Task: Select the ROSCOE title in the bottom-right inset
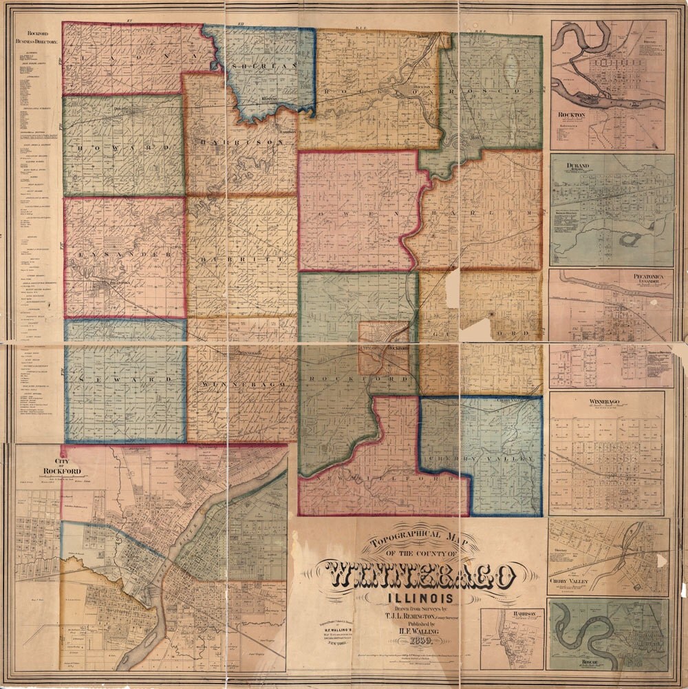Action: (x=579, y=661)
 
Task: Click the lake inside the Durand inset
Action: (x=627, y=240)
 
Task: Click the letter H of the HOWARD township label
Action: (x=80, y=148)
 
